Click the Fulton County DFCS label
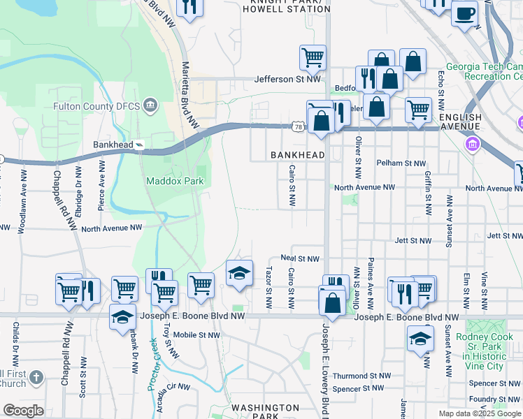(96, 107)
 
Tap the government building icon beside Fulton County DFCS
(149, 106)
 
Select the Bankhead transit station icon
(141, 145)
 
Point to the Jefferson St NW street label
(287, 80)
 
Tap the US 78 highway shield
(299, 126)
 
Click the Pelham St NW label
(401, 163)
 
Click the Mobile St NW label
(196, 335)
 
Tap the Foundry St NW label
(496, 399)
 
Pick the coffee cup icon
(464, 13)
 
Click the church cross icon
(36, 377)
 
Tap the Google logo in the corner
(23, 411)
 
